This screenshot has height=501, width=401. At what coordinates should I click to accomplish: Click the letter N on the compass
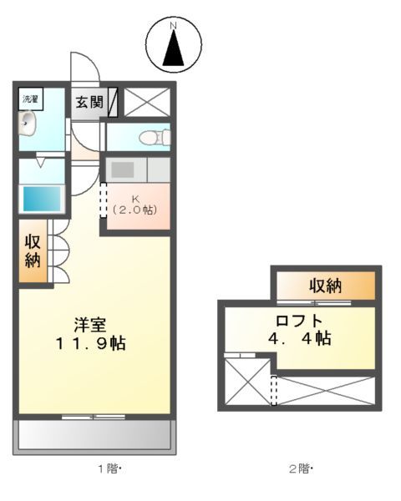[174, 27]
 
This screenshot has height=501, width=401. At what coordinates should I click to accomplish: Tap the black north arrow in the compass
[174, 50]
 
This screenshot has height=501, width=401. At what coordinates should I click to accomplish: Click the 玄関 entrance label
[89, 102]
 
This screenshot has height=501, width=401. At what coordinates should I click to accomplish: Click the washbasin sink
[28, 126]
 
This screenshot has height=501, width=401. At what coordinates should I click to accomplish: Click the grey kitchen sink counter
[122, 170]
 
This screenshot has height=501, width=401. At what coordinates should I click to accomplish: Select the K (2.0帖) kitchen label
[135, 205]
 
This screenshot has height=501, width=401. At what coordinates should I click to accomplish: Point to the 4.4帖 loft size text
[299, 339]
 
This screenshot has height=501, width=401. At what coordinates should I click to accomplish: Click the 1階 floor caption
[109, 468]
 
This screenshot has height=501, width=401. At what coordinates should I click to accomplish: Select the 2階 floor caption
[299, 468]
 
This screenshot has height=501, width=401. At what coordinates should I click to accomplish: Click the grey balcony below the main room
[94, 433]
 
